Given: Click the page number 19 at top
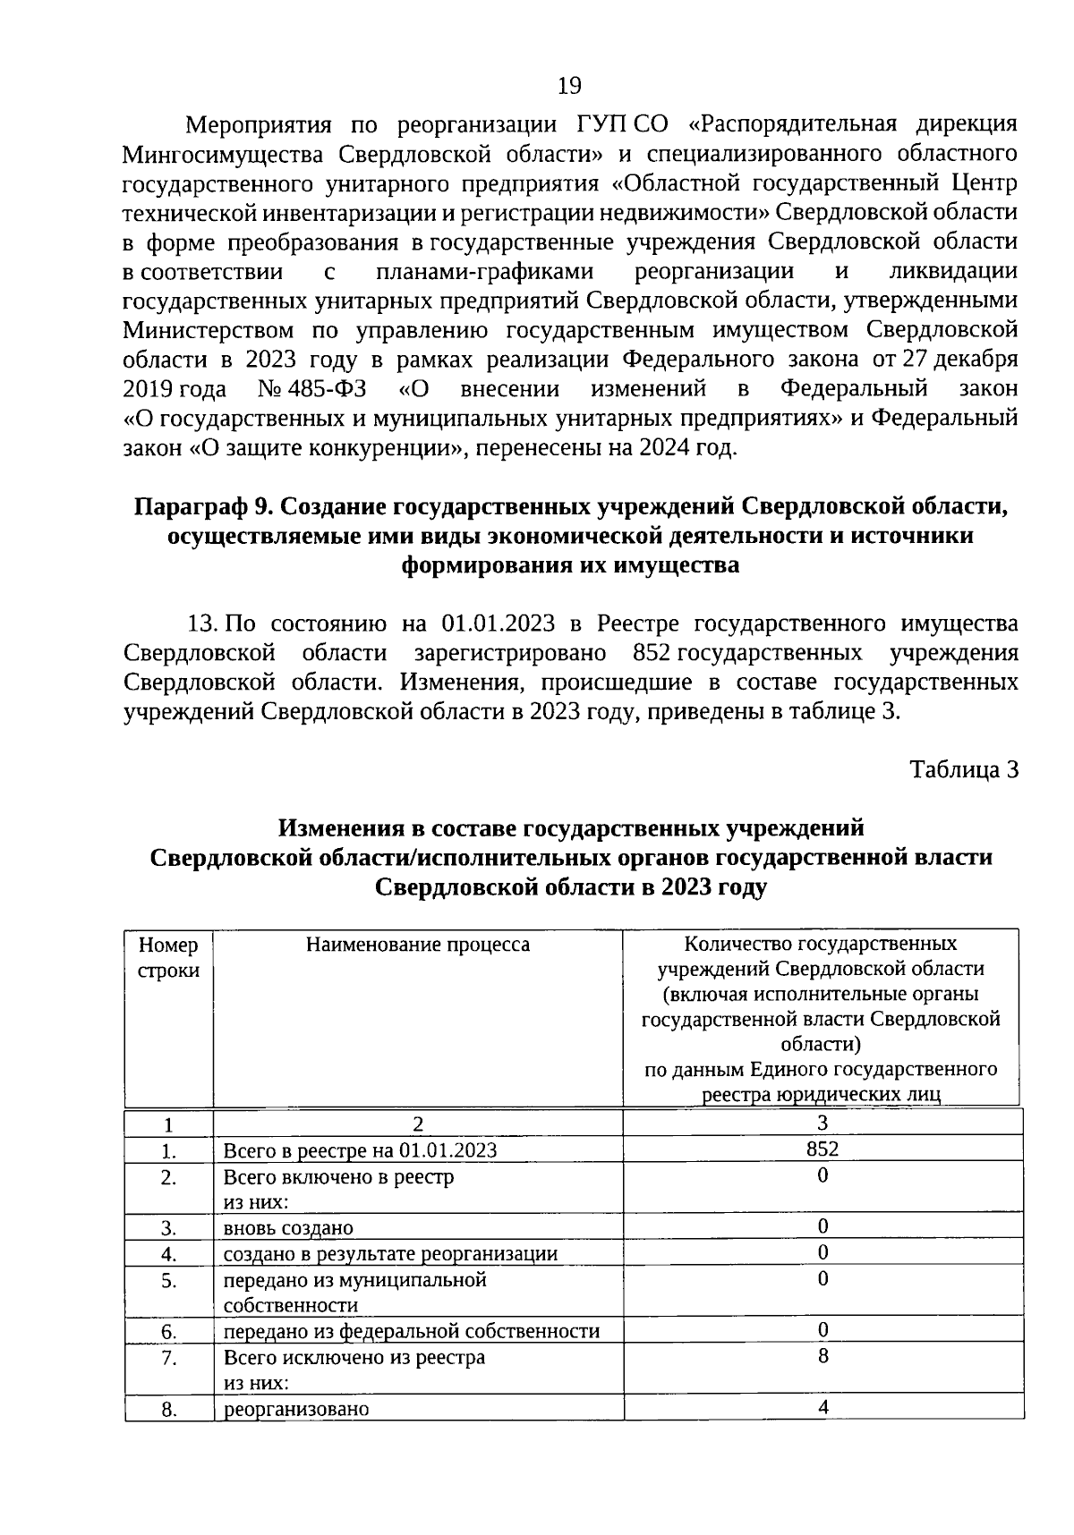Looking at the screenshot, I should point(569,86).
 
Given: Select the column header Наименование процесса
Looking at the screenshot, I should point(417,945).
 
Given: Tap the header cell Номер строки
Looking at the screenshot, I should point(168,957).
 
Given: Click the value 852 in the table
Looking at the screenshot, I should point(823,1148).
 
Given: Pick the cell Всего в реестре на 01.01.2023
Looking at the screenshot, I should point(360,1150).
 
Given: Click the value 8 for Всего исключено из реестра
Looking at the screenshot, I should point(823,1356).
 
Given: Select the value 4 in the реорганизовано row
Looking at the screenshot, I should point(823,1407).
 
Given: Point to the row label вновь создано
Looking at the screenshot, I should point(288,1228).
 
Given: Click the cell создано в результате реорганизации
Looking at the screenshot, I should point(390,1254).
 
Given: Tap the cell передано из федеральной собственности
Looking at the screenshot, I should point(411,1331).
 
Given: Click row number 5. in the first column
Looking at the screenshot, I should point(169,1280).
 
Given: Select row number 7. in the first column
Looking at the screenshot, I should point(169,1358).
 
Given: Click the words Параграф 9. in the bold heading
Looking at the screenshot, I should point(201,507).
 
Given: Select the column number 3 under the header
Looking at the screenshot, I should point(823,1122).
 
